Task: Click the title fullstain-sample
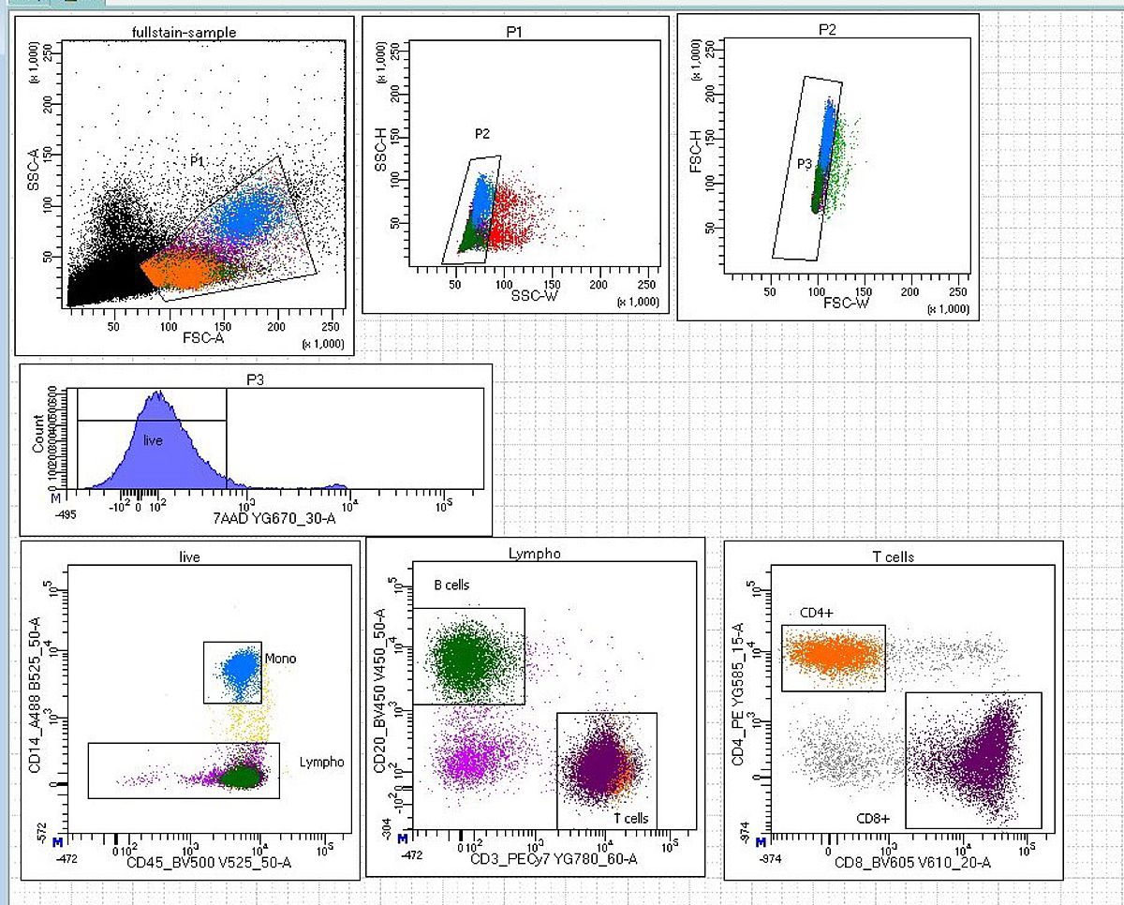[x=185, y=33]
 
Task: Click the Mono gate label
[x=280, y=659]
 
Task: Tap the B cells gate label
[x=451, y=586]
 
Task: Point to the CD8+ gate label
[x=873, y=818]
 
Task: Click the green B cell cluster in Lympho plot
[x=464, y=660]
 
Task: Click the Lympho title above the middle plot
[x=534, y=553]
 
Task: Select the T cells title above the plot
[x=893, y=556]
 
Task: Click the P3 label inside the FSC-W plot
[x=805, y=163]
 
